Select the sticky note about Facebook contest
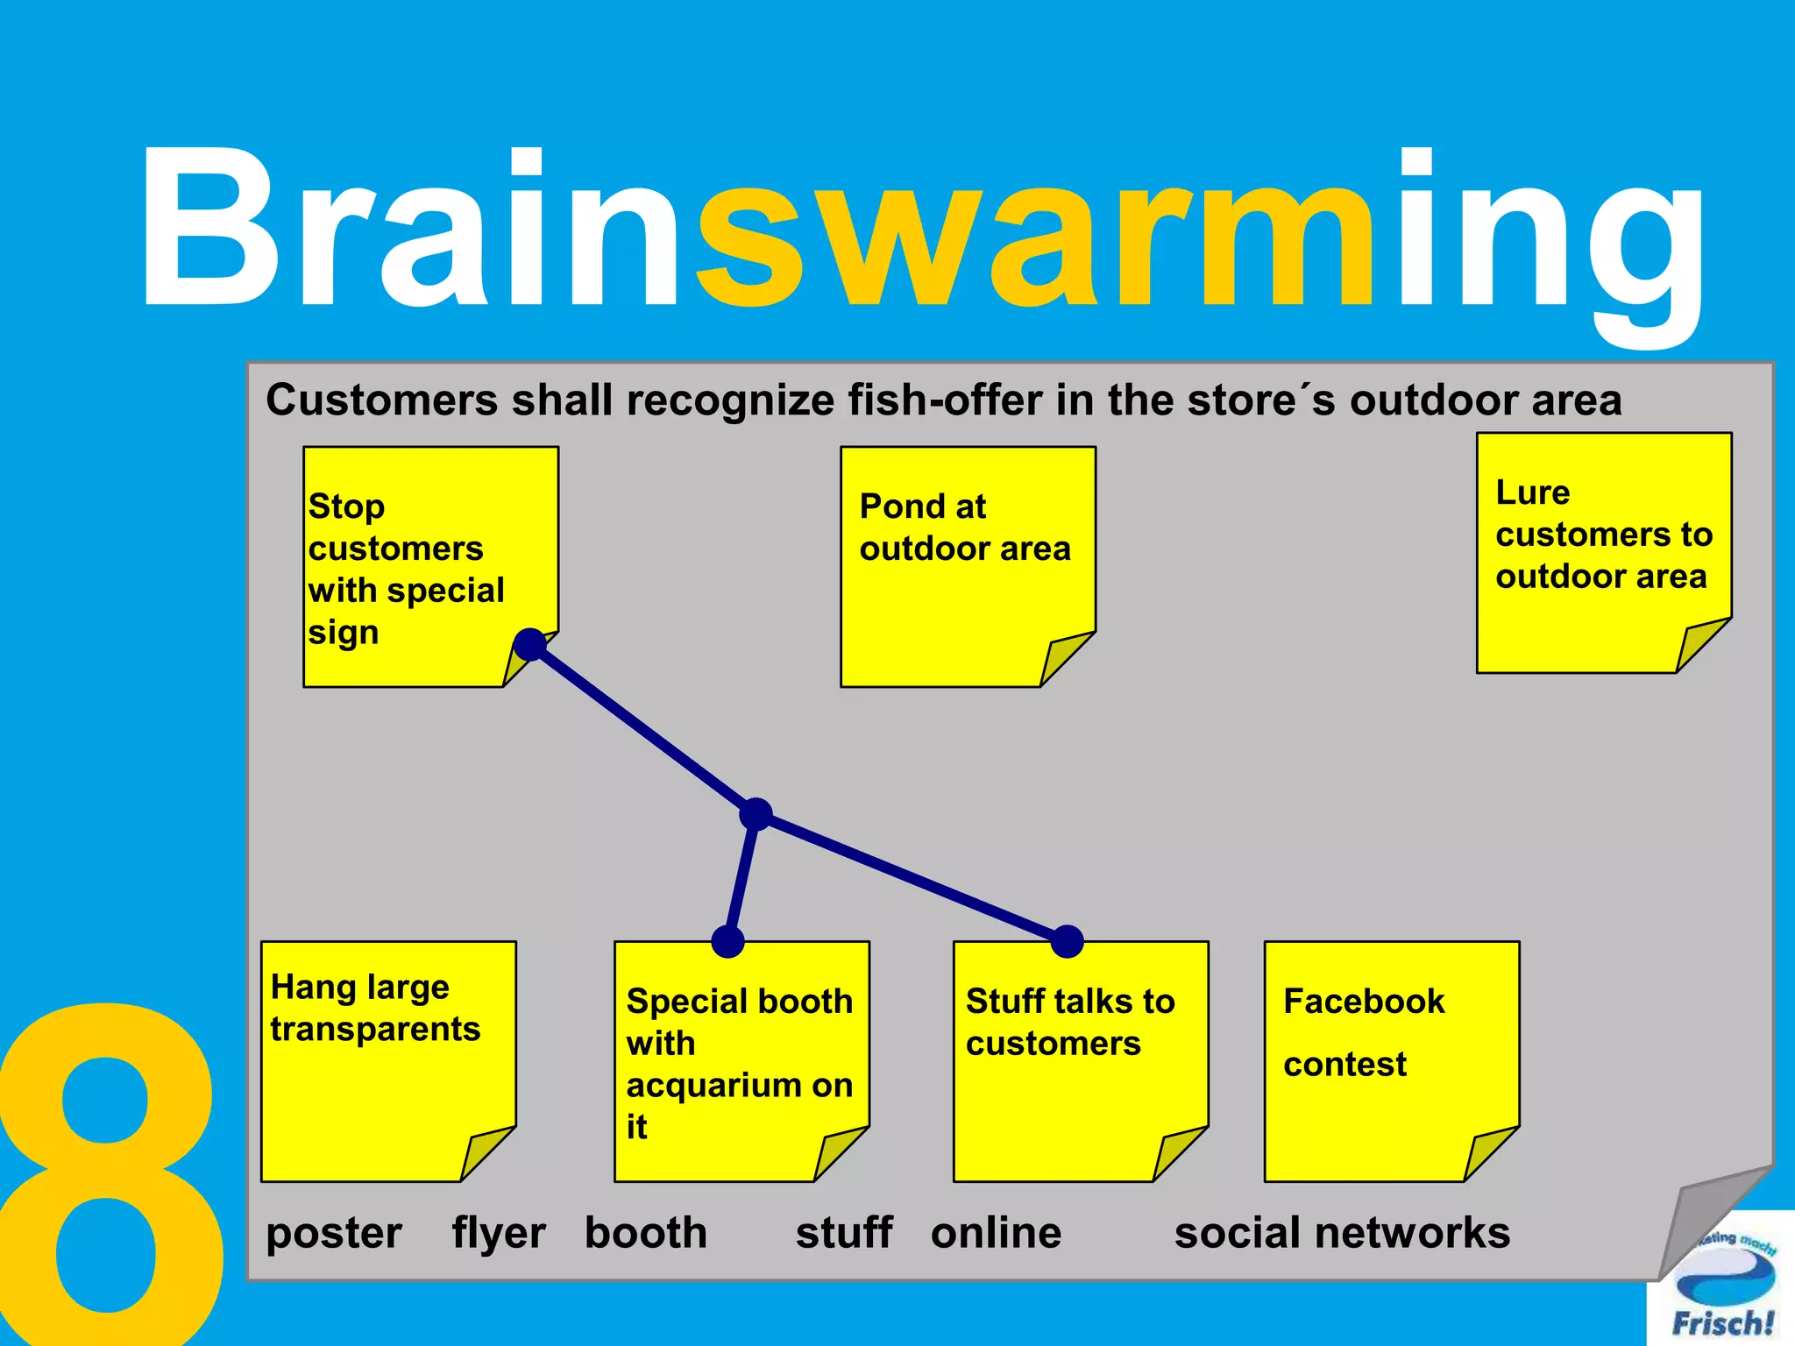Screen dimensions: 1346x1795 pos(1390,1060)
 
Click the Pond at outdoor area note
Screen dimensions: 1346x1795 pos(967,566)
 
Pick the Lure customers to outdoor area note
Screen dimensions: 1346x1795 pos(1603,552)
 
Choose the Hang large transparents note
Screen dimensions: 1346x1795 pos(387,1060)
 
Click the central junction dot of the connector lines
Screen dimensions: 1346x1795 pos(756,814)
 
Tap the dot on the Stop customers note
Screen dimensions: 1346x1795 pos(529,644)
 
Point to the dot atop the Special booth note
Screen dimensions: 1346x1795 pos(728,941)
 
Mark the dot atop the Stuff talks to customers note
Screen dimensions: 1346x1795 pos(1067,941)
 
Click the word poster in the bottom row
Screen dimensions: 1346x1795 pos(334,1234)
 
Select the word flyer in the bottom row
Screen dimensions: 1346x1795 pos(498,1234)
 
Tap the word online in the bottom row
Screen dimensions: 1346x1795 pos(996,1232)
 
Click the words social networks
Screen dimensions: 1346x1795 pos(1342,1232)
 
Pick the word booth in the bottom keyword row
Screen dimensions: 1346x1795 pos(646,1232)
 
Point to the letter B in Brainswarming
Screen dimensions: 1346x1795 pos(210,228)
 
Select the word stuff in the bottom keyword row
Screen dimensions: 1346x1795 pos(843,1232)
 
